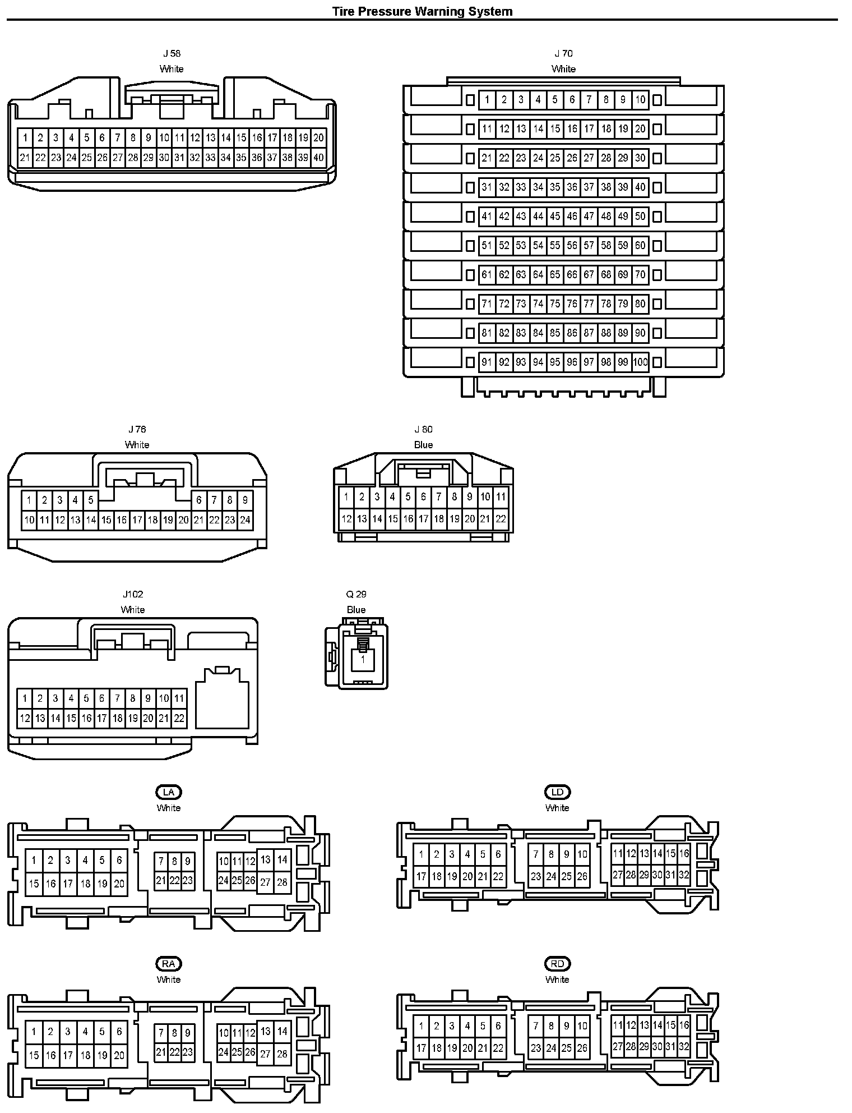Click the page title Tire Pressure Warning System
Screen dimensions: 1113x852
click(x=422, y=11)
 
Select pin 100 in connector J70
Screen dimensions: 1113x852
click(x=640, y=362)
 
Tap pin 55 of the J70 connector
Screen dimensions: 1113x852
click(x=555, y=246)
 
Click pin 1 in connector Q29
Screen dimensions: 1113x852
click(x=363, y=660)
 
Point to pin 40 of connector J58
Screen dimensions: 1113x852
click(x=318, y=158)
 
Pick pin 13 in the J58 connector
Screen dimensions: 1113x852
click(x=210, y=137)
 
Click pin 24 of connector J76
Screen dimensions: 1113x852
click(x=245, y=520)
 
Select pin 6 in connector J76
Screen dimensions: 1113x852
click(x=199, y=500)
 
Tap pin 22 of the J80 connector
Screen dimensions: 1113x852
click(x=501, y=519)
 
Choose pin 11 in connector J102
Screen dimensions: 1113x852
click(x=179, y=698)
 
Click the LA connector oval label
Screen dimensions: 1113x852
click(x=169, y=792)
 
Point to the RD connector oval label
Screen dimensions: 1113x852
click(x=557, y=964)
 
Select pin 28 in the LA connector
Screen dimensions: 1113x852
click(x=283, y=882)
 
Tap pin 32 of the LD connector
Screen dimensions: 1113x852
click(x=684, y=875)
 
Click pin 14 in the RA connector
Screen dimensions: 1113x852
click(x=283, y=1031)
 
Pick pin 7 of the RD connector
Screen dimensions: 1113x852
click(x=536, y=1026)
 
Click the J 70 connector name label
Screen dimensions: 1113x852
click(x=563, y=54)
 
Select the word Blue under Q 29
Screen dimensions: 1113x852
click(x=356, y=610)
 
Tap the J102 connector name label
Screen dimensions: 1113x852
click(x=133, y=594)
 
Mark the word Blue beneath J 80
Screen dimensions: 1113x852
click(x=423, y=445)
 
